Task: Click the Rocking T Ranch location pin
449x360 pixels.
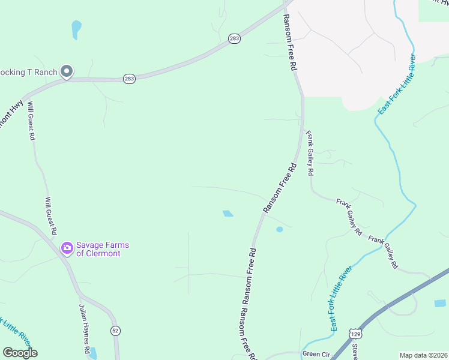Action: [x=67, y=72]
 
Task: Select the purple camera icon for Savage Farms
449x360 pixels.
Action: [x=67, y=247]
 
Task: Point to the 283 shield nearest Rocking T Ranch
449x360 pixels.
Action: [x=129, y=79]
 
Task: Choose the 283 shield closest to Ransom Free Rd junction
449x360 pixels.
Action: [x=234, y=39]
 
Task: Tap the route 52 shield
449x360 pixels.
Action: [x=115, y=331]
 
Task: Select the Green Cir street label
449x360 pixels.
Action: [x=316, y=354]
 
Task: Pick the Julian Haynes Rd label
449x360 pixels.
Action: [x=84, y=328]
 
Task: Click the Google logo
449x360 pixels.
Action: [x=20, y=353]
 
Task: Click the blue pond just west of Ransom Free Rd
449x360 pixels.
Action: [x=228, y=213]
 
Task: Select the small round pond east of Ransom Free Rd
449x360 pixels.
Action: [x=279, y=229]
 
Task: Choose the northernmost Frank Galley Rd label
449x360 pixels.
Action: [x=310, y=154]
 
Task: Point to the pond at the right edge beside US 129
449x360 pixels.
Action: [x=440, y=304]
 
